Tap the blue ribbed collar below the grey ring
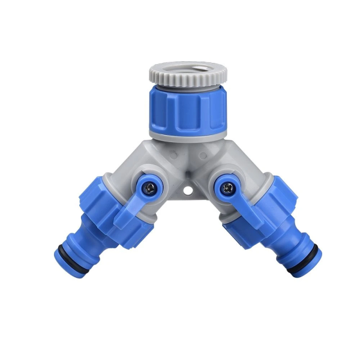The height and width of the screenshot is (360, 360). tap(187, 108)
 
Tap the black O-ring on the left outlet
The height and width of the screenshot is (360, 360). tap(66, 249)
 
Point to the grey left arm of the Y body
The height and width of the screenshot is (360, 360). tap(129, 171)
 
